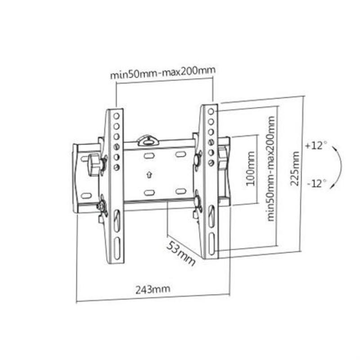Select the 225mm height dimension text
(x=296, y=171)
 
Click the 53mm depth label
(x=181, y=253)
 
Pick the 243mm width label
(x=153, y=288)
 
